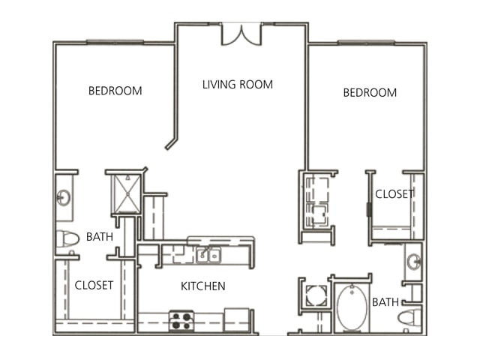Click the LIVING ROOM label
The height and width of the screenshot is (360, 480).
[238, 85]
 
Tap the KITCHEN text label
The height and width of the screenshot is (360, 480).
[203, 286]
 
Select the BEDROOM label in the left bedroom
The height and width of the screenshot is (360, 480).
[115, 91]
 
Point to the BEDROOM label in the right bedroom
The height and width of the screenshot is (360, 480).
[370, 93]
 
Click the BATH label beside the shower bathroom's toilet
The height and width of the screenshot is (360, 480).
[100, 237]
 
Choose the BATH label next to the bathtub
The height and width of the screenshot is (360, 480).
[385, 302]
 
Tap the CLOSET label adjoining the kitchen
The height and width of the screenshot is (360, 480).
[94, 285]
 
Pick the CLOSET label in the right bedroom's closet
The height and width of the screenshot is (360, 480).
[394, 194]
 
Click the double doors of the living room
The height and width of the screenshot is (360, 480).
[241, 34]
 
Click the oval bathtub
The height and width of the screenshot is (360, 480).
[352, 307]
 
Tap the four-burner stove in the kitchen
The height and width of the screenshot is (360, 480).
[181, 321]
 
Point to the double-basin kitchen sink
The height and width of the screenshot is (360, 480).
[208, 255]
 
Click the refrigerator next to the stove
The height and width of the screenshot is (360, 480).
[237, 320]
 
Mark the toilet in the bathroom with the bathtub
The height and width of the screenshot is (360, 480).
[410, 317]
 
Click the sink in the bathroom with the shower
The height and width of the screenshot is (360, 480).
[64, 198]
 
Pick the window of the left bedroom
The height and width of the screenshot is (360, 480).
[115, 42]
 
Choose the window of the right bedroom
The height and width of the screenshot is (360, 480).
[366, 42]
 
